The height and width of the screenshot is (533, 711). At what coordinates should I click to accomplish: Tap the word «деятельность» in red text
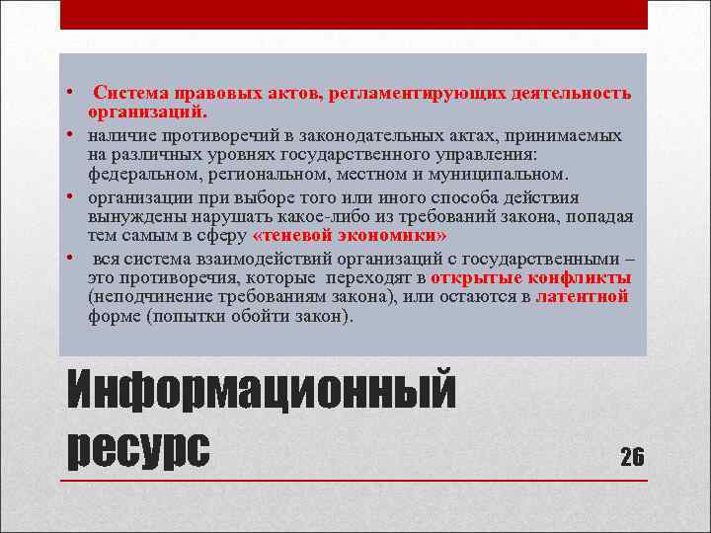(570, 95)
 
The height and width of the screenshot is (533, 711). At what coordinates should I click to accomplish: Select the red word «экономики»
(399, 237)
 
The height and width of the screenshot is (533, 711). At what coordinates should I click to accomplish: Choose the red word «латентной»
(583, 297)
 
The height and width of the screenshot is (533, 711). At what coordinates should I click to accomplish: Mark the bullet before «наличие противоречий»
(71, 133)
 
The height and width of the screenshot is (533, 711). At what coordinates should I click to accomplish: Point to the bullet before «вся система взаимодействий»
(71, 256)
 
